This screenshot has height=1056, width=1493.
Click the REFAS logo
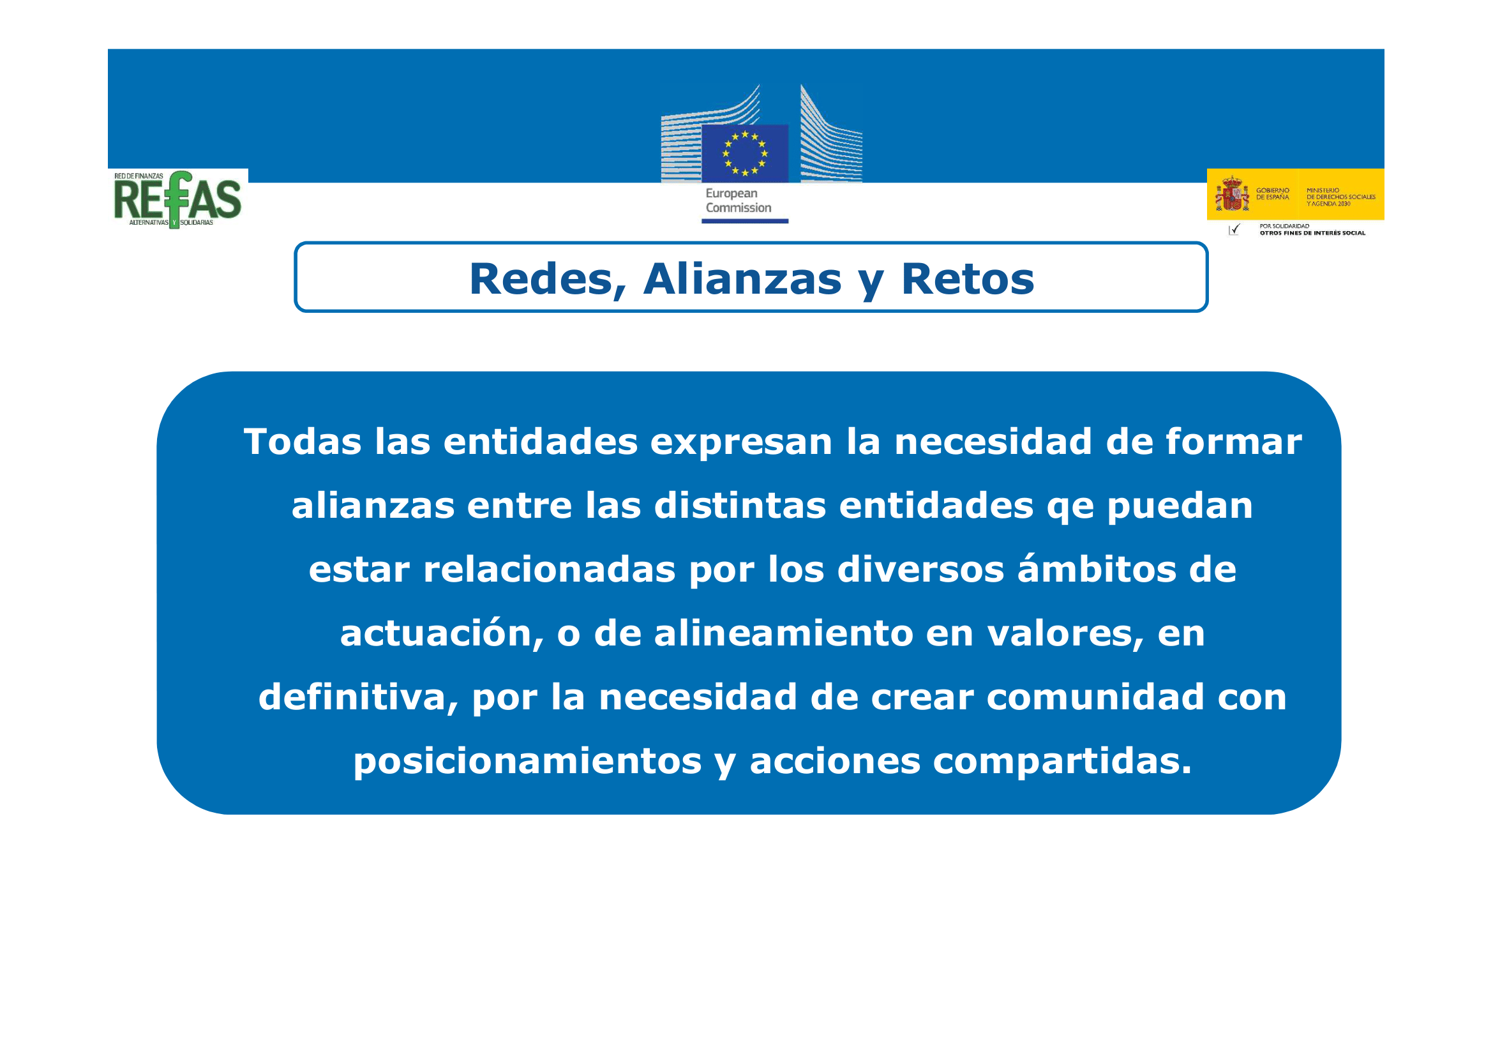click(177, 200)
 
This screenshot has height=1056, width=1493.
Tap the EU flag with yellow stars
click(744, 153)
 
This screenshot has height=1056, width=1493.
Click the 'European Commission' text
click(738, 200)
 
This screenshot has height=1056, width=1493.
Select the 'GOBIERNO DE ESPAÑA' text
click(1272, 194)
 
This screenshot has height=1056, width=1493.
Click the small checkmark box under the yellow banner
click(1234, 229)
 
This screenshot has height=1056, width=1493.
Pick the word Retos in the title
click(967, 279)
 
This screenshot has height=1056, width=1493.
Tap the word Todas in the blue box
click(303, 442)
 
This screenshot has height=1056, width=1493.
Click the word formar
click(1234, 442)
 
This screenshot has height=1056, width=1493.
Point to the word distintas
click(739, 506)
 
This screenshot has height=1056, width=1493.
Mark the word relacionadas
click(550, 569)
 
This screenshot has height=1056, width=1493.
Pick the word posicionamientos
click(527, 762)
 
